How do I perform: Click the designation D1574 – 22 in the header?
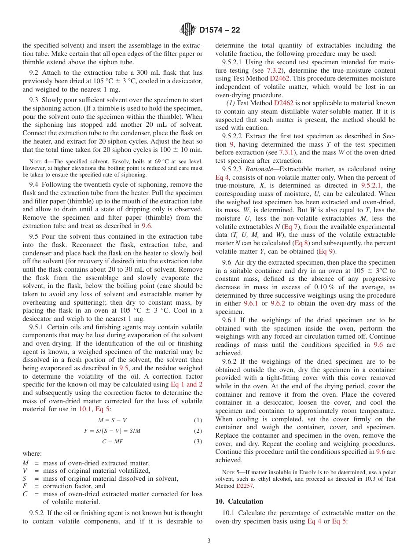tap(220, 30)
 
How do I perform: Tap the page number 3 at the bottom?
tap(209, 541)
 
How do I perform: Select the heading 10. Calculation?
tap(239, 501)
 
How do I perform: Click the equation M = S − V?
tap(112, 420)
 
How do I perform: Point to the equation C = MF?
tap(112, 442)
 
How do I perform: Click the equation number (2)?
tap(198, 431)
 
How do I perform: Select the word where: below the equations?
tap(32, 454)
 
